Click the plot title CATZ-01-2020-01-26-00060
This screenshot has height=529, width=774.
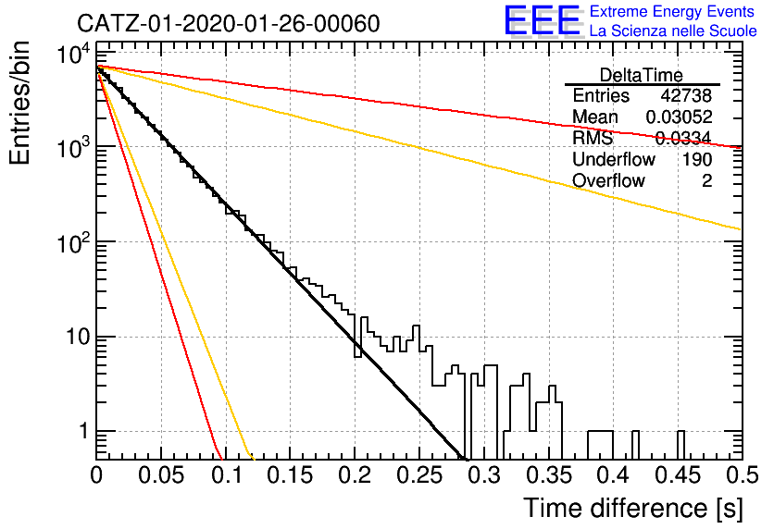tap(228, 23)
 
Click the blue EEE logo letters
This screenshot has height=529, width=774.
tap(543, 20)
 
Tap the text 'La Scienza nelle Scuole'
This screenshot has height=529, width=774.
tap(673, 31)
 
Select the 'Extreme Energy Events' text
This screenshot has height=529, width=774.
tap(672, 11)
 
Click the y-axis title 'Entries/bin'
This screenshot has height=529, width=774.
tap(19, 103)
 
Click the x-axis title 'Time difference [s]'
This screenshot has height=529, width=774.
tap(633, 508)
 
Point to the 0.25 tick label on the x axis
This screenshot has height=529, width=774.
tap(419, 475)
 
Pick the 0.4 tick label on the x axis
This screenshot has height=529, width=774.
tap(614, 475)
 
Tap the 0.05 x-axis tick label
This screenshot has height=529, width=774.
tap(161, 475)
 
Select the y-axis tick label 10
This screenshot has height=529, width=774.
tap(78, 338)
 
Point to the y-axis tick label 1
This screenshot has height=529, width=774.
tap(83, 431)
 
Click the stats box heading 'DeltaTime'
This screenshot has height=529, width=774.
tap(642, 75)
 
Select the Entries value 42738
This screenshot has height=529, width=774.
tap(686, 95)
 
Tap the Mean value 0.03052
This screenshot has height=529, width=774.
tap(679, 117)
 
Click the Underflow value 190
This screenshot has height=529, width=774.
tap(697, 159)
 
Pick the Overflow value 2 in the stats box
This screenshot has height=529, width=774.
tap(706, 181)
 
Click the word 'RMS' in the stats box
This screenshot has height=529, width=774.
tap(593, 138)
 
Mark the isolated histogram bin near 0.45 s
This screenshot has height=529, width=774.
tap(680, 445)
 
